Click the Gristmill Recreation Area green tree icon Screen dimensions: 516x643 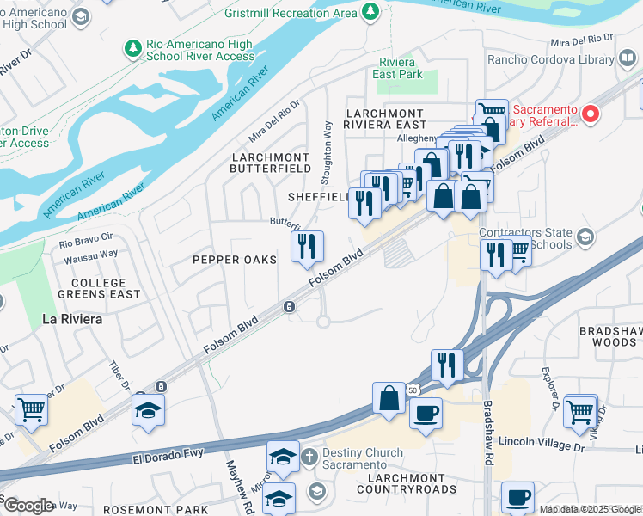click(370, 12)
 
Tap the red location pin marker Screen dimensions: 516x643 click(590, 114)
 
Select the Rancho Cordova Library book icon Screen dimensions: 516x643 click(628, 59)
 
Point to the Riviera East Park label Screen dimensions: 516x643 click(398, 68)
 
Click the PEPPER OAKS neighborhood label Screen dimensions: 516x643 click(235, 260)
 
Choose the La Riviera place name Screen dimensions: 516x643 click(72, 319)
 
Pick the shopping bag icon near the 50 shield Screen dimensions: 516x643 click(389, 397)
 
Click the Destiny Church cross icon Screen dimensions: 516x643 click(309, 455)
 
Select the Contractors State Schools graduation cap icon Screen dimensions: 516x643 click(585, 236)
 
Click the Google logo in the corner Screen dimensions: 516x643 click(28, 505)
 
